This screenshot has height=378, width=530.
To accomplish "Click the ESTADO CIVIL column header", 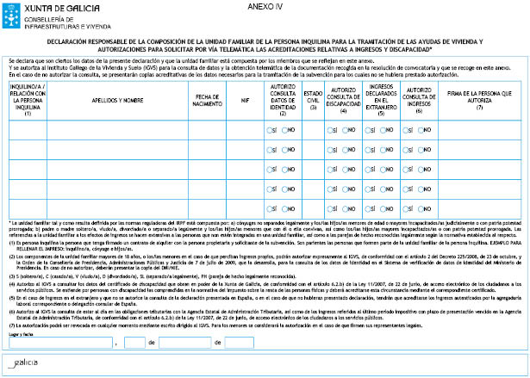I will tap(312, 100).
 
